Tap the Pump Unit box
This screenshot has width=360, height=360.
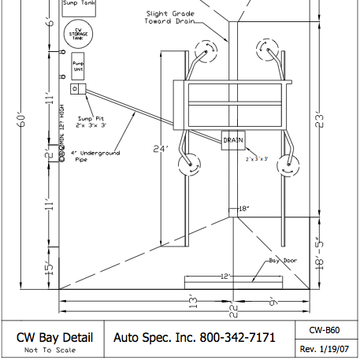pyautogui.click(x=78, y=66)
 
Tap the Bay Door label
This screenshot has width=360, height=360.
pyautogui.click(x=280, y=259)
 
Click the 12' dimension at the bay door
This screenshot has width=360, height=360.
pyautogui.click(x=227, y=276)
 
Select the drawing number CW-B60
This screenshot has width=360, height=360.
pyautogui.click(x=325, y=329)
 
